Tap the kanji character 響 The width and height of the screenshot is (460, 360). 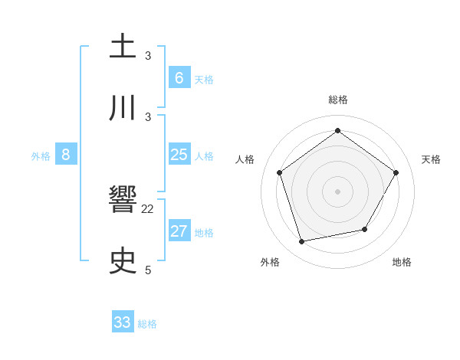pyautogui.click(x=123, y=201)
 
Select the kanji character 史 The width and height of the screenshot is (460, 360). pyautogui.click(x=123, y=262)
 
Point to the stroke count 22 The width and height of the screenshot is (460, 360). pyautogui.click(x=148, y=209)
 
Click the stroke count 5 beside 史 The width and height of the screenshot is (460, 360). pyautogui.click(x=148, y=270)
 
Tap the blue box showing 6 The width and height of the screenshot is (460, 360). pyautogui.click(x=179, y=77)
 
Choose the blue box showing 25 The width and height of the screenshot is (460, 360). pyautogui.click(x=179, y=155)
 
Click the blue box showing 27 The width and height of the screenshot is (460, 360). pyautogui.click(x=179, y=231)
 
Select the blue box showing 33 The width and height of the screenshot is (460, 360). pyautogui.click(x=123, y=322)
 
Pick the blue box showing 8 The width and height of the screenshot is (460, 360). pyautogui.click(x=66, y=155)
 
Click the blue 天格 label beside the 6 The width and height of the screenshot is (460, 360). pyautogui.click(x=204, y=80)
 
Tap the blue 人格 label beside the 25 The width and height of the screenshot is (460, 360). pyautogui.click(x=204, y=156)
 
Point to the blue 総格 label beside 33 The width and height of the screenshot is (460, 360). pyautogui.click(x=147, y=324)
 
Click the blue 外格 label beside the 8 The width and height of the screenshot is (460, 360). pyautogui.click(x=41, y=156)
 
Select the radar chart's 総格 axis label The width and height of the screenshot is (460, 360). pyautogui.click(x=337, y=100)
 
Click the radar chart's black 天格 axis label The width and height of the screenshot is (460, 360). pyautogui.click(x=431, y=159)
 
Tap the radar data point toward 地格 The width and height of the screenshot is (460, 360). pyautogui.click(x=365, y=229)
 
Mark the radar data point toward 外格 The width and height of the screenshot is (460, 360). pyautogui.click(x=302, y=242)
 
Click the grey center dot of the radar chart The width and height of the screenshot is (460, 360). pyautogui.click(x=337, y=191)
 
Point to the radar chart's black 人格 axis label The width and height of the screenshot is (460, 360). pyautogui.click(x=245, y=159)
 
